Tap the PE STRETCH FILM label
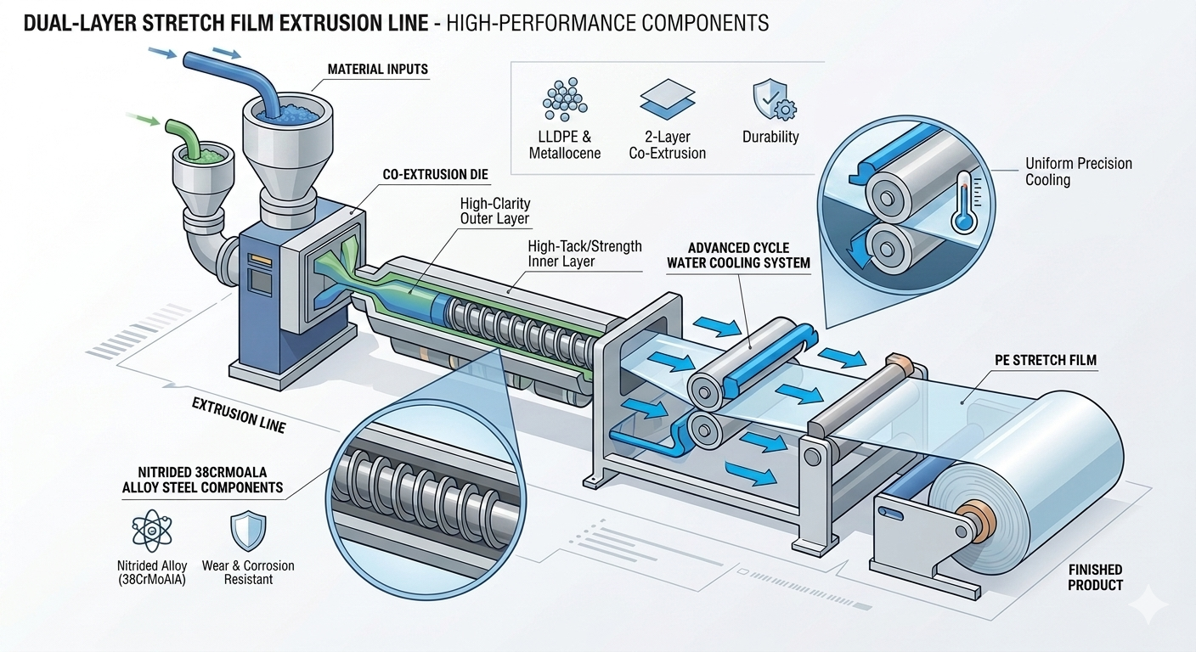pyautogui.click(x=1045, y=360)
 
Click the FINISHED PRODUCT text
pyautogui.click(x=1095, y=577)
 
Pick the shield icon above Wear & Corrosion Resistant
pyautogui.click(x=248, y=531)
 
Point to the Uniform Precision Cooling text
pyautogui.click(x=1078, y=171)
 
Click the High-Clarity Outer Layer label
pyautogui.click(x=494, y=211)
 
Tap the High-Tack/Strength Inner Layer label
pyautogui.click(x=584, y=254)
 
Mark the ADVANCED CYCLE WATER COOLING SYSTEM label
pyautogui.click(x=737, y=256)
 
